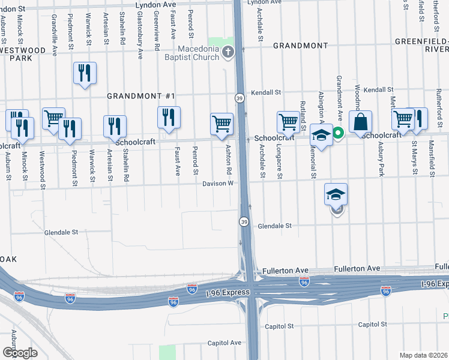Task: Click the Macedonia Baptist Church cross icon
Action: click(x=228, y=52)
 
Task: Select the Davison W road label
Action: click(x=217, y=184)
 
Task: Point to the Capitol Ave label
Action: click(x=224, y=343)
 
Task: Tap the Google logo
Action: click(x=19, y=353)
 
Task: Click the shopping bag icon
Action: click(x=360, y=122)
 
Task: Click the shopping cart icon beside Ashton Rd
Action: click(x=221, y=124)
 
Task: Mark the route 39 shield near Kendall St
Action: click(x=240, y=98)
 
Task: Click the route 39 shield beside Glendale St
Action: click(x=244, y=222)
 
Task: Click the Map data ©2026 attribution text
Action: click(x=423, y=355)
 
